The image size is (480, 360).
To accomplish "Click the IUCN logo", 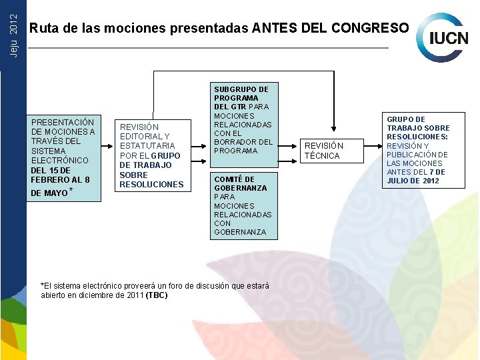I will [443, 37].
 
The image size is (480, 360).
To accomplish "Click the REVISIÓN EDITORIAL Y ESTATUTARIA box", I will [151, 155].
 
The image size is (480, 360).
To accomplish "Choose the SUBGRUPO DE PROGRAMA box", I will [244, 120].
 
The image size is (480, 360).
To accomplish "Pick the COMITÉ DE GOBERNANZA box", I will [244, 205].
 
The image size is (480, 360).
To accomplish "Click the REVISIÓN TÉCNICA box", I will [324, 151].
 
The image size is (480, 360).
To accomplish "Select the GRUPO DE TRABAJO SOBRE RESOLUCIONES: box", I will [419, 150].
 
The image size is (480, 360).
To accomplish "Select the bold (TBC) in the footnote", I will [157, 295].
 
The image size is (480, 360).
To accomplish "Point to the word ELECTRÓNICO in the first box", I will [60, 160].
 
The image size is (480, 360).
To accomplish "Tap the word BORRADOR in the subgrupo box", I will [234, 141].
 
